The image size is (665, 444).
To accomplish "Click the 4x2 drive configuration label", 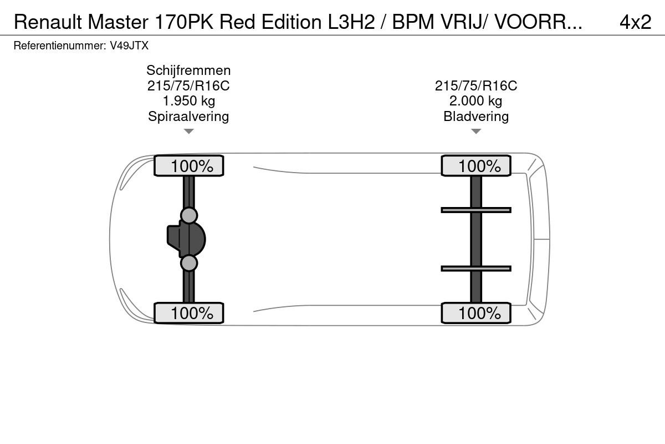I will coord(635,22).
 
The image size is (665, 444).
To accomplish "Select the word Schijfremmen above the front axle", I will coord(188,70).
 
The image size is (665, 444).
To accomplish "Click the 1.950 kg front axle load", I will coord(188,101).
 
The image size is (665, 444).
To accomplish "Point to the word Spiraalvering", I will coord(188,116).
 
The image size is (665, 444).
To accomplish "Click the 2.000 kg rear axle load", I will coord(476,101).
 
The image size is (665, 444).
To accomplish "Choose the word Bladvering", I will coord(476,116).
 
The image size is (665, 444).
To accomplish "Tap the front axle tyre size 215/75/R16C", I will coord(188,86).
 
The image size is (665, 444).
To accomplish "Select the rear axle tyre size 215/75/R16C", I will coord(476,86).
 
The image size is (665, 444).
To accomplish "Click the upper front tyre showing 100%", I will coord(188,166).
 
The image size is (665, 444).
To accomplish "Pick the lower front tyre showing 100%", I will coord(188,313).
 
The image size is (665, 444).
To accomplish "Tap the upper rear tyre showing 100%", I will coord(476,166).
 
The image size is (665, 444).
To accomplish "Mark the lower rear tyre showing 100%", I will coord(476,313).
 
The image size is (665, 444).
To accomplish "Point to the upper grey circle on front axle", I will coord(189,215).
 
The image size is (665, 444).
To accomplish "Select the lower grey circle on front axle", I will coord(189,263).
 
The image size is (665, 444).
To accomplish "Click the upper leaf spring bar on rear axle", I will coord(476,210).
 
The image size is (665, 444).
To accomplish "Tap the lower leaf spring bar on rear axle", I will coord(476,269).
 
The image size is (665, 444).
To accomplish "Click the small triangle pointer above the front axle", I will coord(189,132).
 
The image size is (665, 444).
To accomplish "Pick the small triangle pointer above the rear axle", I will coord(476,132).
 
